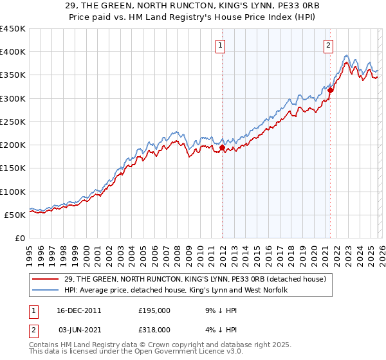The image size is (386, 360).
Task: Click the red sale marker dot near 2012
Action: click(x=222, y=147)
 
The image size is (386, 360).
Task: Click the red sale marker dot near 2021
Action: click(x=330, y=91)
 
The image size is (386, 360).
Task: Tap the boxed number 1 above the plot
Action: click(x=221, y=45)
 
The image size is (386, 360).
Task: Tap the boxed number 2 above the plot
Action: click(x=329, y=45)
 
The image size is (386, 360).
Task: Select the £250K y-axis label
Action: click(x=13, y=122)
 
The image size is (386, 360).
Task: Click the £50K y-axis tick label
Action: click(x=15, y=215)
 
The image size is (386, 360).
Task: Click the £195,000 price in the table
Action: click(x=154, y=310)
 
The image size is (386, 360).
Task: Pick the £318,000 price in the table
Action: click(x=154, y=329)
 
